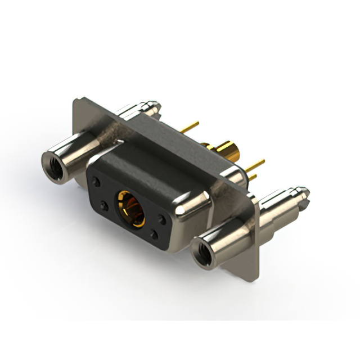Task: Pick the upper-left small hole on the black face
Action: pos(97,183)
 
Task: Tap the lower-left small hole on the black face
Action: pos(103,205)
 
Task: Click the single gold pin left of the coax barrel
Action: pos(190,127)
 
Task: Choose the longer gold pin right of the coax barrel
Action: pos(255,165)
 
